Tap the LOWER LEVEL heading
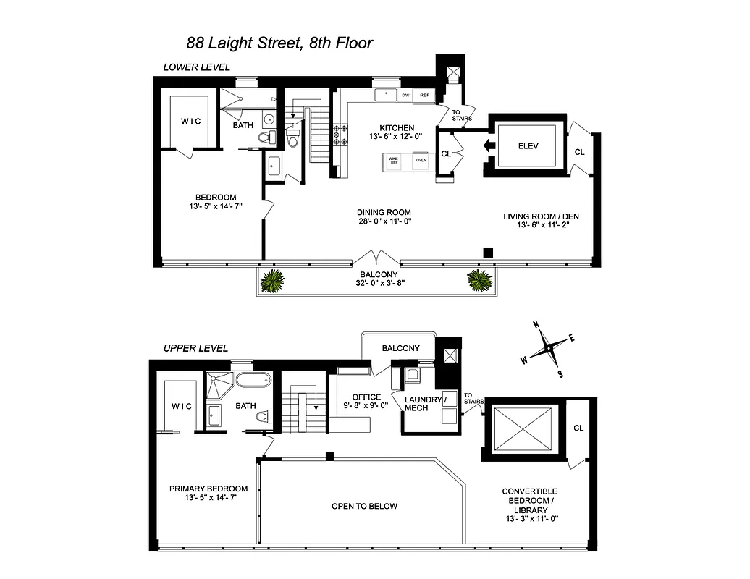click(x=196, y=67)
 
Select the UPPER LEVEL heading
click(x=195, y=348)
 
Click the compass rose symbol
click(x=549, y=350)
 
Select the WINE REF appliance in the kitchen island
click(x=394, y=161)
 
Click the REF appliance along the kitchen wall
click(x=424, y=96)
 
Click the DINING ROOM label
click(x=384, y=212)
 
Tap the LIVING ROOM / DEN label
click(x=542, y=216)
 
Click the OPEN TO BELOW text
click(x=364, y=506)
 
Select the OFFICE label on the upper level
click(x=366, y=397)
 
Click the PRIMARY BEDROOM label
click(x=208, y=489)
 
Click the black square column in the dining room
click(x=489, y=253)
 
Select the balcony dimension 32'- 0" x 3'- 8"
click(x=376, y=284)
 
